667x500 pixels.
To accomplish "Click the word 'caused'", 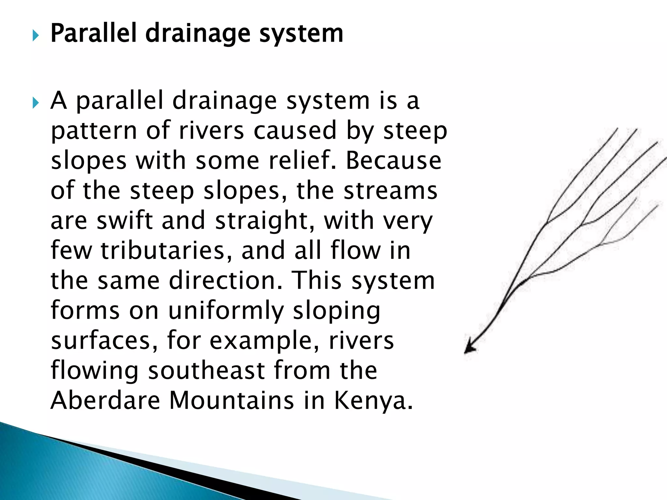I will pos(295,130).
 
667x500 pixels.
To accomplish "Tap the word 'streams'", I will pos(390,190).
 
